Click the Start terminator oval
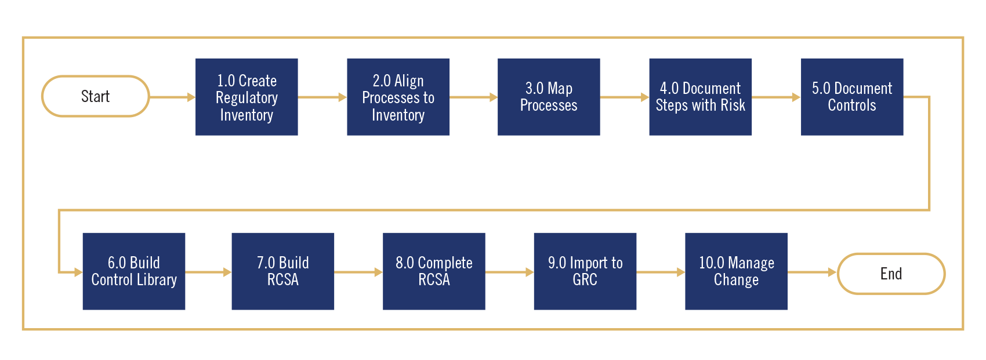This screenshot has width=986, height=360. pyautogui.click(x=96, y=96)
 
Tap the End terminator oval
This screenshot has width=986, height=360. pyautogui.click(x=891, y=274)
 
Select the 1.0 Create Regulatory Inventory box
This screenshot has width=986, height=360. pyautogui.click(x=246, y=97)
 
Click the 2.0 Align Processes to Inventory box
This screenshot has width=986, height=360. pyautogui.click(x=398, y=97)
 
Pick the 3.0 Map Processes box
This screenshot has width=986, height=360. pyautogui.click(x=549, y=97)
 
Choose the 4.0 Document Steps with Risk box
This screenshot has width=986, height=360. pyautogui.click(x=700, y=97)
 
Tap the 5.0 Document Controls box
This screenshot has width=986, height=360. pyautogui.click(x=851, y=97)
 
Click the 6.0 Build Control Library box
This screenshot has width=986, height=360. pyautogui.click(x=134, y=271)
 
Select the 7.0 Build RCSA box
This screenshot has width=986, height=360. pyautogui.click(x=282, y=271)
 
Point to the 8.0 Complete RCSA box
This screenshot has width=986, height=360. pyautogui.click(x=434, y=271)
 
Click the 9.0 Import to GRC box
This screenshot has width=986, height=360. pyautogui.click(x=585, y=271)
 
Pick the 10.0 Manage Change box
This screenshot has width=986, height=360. pyautogui.click(x=736, y=271)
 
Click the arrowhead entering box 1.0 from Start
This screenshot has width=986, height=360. pyautogui.click(x=191, y=97)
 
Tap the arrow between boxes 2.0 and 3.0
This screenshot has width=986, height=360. pyautogui.click(x=473, y=97)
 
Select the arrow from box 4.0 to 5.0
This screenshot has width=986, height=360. pyautogui.click(x=776, y=97)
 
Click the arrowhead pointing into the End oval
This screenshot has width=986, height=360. pyautogui.click(x=832, y=272)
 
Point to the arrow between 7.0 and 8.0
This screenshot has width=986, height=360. pyautogui.click(x=358, y=272)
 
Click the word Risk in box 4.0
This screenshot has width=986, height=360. pyautogui.click(x=733, y=106)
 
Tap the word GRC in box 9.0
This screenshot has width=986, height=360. pyautogui.click(x=585, y=280)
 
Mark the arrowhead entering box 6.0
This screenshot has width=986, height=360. pyautogui.click(x=78, y=272)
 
